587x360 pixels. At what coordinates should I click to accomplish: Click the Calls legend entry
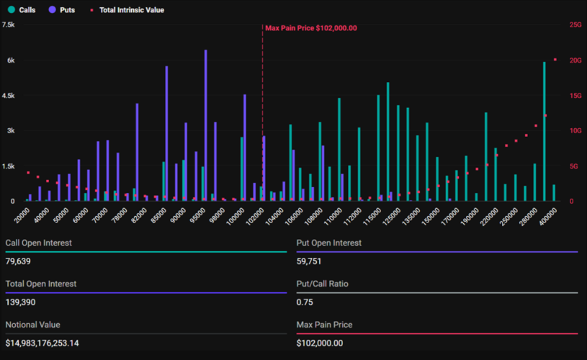tap(22, 10)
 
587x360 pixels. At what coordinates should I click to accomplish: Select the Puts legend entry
tap(62, 10)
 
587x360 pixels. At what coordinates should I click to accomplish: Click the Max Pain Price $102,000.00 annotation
tap(310, 28)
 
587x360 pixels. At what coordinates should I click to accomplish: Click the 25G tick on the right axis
tap(575, 24)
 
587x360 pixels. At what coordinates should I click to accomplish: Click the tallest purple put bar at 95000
tap(206, 126)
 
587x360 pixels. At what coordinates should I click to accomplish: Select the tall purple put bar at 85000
tap(166, 134)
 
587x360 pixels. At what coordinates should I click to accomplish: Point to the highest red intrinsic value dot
tap(555, 60)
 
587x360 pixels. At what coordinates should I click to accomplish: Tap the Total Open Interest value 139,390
tap(21, 302)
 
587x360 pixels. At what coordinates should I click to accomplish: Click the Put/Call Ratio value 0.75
tap(304, 302)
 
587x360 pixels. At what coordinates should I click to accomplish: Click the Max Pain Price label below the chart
tap(324, 325)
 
